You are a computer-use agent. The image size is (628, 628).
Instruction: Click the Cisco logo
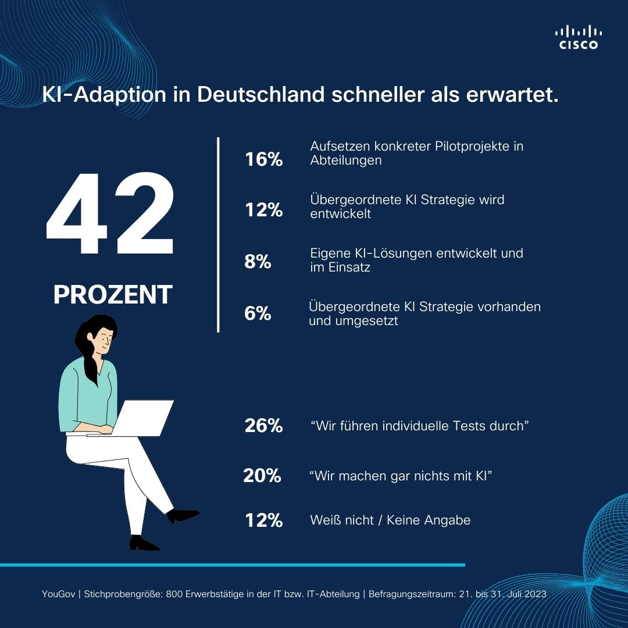pos(578,37)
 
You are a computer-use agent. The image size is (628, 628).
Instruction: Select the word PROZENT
pos(113,295)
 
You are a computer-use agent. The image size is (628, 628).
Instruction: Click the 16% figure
pos(263,159)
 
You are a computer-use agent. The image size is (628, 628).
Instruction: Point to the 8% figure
pos(258,262)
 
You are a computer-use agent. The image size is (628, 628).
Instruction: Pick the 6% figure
pos(258,313)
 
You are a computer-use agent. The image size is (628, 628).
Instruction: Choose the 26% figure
pos(263,426)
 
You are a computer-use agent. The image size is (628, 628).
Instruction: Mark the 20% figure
pos(262,476)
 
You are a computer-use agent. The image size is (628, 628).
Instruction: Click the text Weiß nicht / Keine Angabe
pos(390,520)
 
